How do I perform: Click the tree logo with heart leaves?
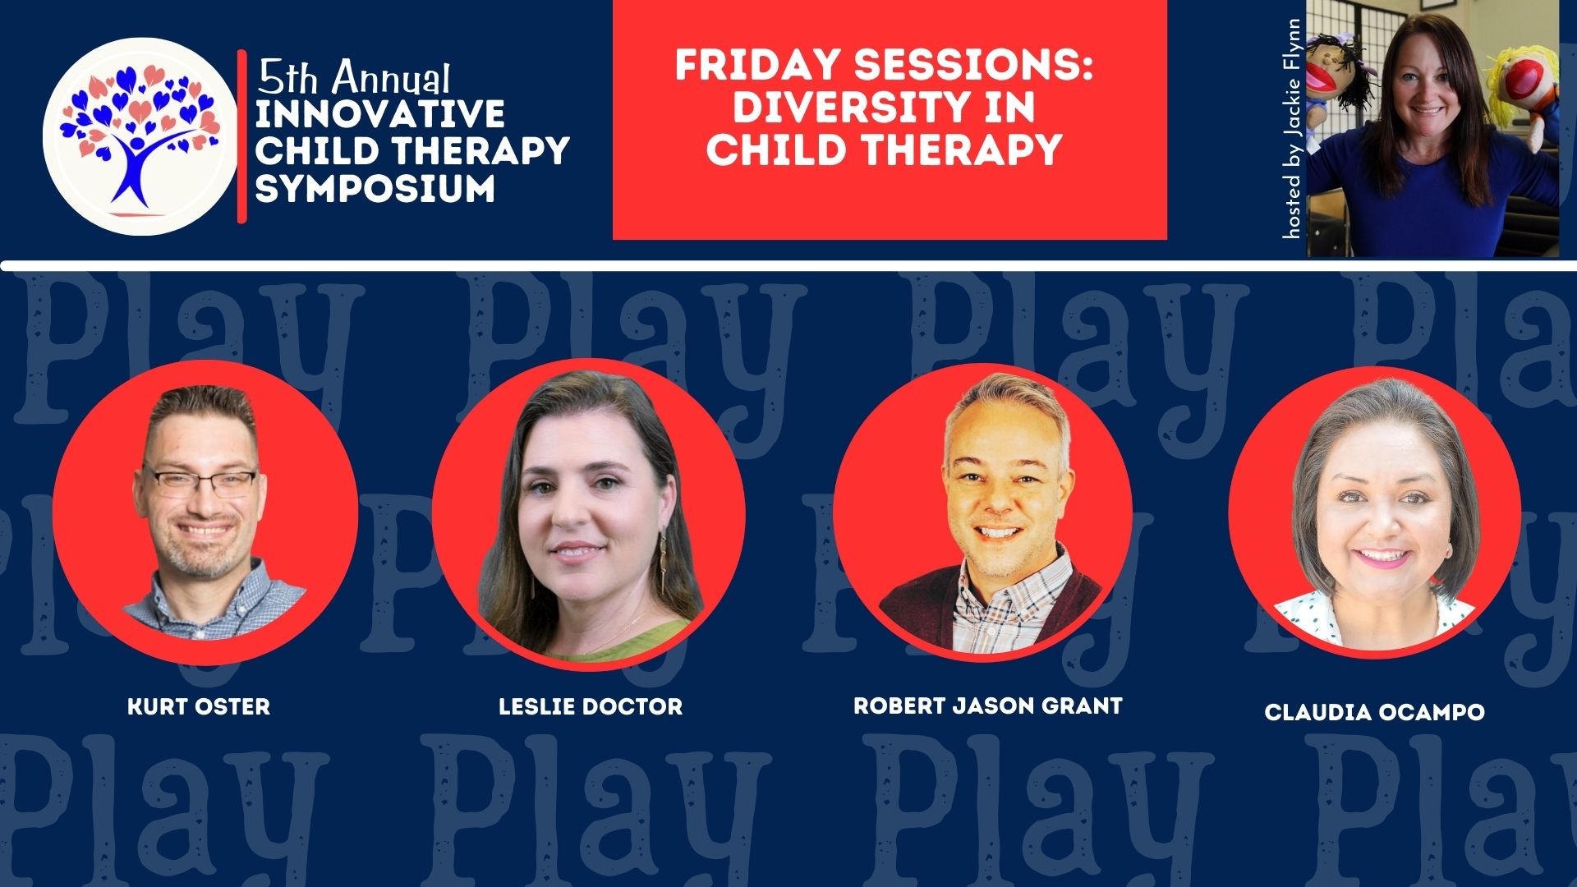click(x=140, y=136)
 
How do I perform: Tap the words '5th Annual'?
click(x=353, y=78)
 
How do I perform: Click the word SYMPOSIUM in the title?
click(x=375, y=188)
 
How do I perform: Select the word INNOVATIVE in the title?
click(x=379, y=114)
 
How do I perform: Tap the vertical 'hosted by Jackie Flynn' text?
click(x=1292, y=129)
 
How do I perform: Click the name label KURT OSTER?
click(x=199, y=706)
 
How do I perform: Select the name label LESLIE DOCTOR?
click(x=591, y=706)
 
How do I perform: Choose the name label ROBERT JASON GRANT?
click(x=988, y=705)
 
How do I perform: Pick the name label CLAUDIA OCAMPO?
click(x=1375, y=712)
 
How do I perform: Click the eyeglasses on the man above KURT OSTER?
click(x=200, y=481)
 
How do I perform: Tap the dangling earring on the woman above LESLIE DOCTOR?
click(x=661, y=558)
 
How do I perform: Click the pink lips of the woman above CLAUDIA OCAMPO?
click(x=1382, y=558)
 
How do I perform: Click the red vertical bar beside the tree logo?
click(x=242, y=136)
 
